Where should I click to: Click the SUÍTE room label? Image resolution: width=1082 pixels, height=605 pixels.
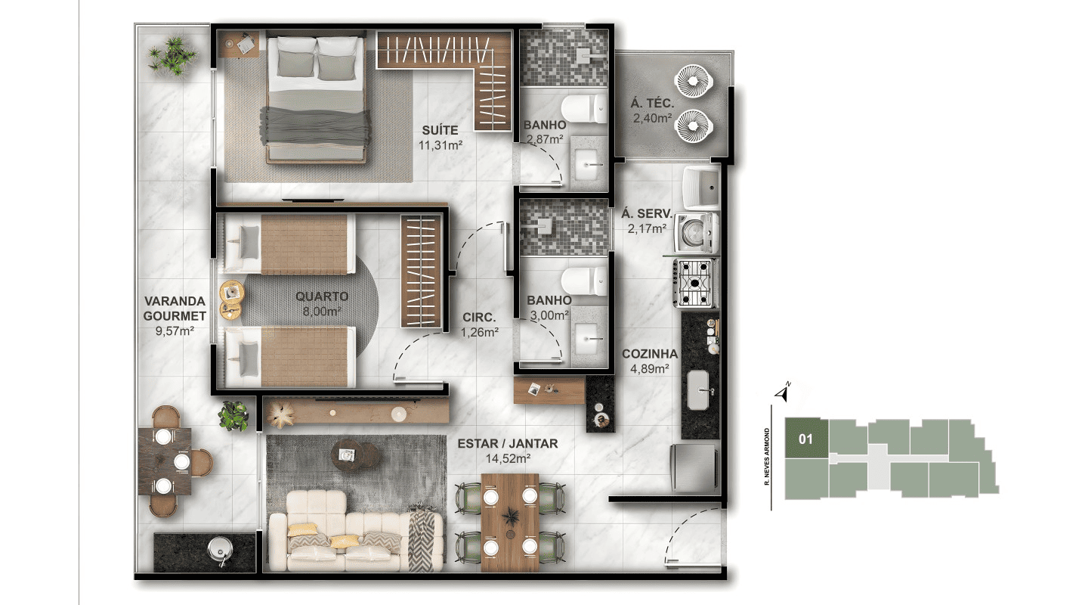[440, 130]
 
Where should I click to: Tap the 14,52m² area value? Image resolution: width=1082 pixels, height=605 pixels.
[509, 458]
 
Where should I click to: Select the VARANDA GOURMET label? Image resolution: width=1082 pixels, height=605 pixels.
[175, 309]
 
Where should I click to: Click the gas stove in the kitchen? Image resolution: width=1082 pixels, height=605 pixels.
[695, 283]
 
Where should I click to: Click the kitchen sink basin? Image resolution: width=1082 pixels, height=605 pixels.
[698, 389]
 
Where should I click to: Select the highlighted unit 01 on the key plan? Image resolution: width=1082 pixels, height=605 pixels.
[806, 439]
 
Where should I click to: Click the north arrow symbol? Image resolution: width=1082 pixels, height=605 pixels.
[783, 392]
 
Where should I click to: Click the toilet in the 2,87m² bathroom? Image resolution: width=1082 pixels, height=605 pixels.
[583, 108]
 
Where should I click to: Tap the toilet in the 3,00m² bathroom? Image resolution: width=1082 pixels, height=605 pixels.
[583, 281]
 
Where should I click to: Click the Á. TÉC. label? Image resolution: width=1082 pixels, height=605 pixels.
[652, 103]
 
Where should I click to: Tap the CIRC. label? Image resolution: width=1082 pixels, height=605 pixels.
[479, 318]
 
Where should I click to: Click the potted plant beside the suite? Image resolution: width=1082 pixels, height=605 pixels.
[172, 56]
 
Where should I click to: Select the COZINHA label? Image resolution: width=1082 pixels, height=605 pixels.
[650, 353]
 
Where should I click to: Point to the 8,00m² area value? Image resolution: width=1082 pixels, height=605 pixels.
[322, 312]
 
